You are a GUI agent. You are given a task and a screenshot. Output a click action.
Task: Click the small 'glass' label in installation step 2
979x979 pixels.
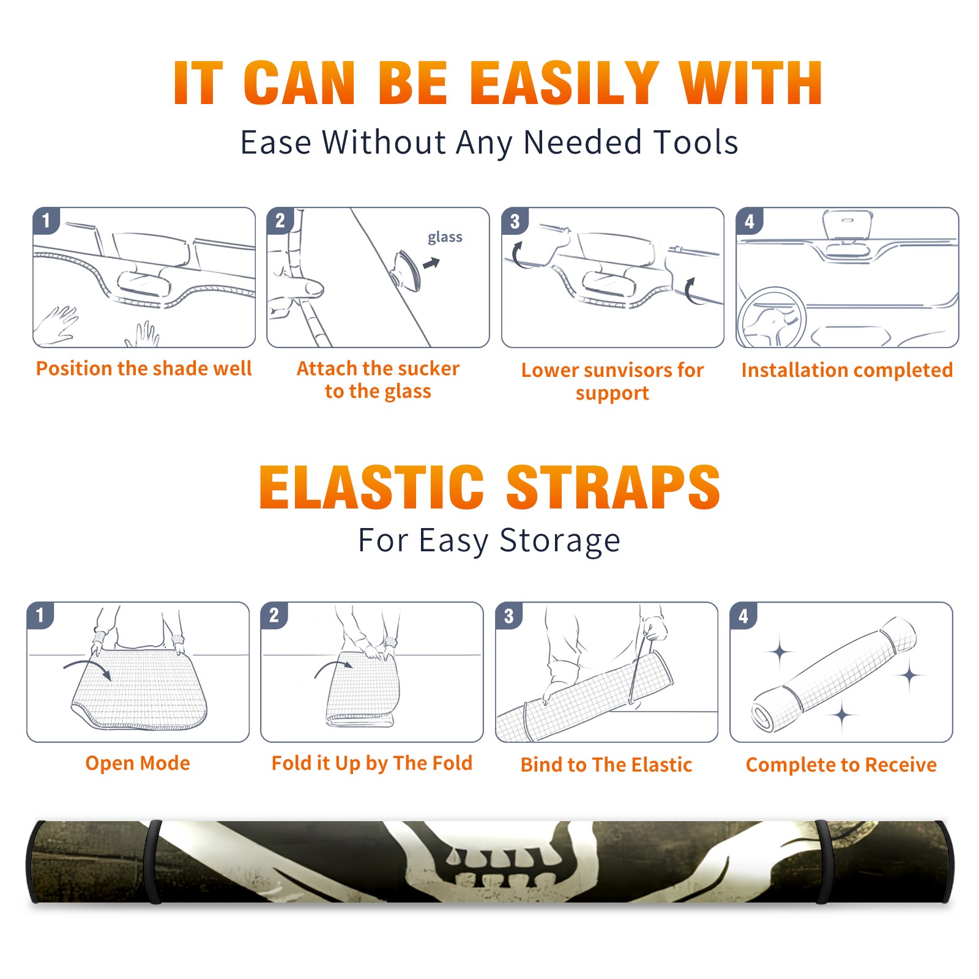click(x=445, y=237)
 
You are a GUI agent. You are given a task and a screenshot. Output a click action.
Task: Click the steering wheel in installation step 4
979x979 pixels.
click(x=772, y=318)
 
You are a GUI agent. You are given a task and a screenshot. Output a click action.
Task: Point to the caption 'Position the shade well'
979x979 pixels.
click(x=144, y=368)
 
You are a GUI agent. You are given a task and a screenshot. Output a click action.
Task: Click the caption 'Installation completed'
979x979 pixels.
click(x=847, y=370)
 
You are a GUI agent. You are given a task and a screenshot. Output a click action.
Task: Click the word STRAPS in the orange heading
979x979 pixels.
click(x=613, y=487)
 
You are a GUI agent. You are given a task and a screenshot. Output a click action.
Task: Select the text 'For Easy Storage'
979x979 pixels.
click(x=489, y=540)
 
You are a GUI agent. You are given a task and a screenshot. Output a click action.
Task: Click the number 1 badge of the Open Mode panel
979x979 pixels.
click(x=40, y=616)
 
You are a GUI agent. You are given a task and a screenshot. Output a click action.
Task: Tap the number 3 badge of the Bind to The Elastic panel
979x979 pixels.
click(x=509, y=616)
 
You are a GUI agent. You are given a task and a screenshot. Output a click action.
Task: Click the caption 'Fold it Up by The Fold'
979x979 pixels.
click(x=372, y=763)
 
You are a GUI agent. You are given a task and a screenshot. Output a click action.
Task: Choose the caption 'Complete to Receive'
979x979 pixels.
click(x=841, y=765)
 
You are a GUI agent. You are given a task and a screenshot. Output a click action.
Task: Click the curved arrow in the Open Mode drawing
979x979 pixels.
click(x=87, y=664)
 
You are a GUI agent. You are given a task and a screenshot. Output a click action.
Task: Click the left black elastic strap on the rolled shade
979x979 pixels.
click(x=153, y=862)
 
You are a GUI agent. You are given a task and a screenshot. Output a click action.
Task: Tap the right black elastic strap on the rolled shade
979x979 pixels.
click(x=823, y=862)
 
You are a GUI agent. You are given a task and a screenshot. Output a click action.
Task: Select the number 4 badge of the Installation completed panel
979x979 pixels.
click(x=750, y=221)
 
